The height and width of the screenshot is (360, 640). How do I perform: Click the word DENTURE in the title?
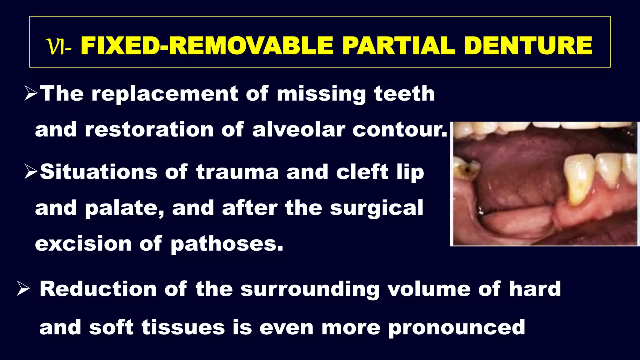[x=528, y=46]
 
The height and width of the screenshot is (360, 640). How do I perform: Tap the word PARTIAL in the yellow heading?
[x=398, y=46]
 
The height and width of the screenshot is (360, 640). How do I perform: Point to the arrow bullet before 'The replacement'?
[x=31, y=94]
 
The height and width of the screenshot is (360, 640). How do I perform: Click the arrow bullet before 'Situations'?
[x=31, y=172]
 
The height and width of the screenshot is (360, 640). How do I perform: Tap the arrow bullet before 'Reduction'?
[x=23, y=288]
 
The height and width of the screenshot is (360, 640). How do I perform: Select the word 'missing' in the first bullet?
[x=321, y=94]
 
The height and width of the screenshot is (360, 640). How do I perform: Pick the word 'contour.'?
[x=400, y=129]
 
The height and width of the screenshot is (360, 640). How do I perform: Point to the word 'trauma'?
[x=237, y=172]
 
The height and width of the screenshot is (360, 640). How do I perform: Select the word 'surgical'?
[x=377, y=208]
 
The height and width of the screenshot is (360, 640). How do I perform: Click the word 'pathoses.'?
[x=227, y=244]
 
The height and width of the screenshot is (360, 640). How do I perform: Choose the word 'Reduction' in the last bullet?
[x=98, y=289]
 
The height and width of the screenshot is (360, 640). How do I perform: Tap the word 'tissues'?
[x=183, y=327]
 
